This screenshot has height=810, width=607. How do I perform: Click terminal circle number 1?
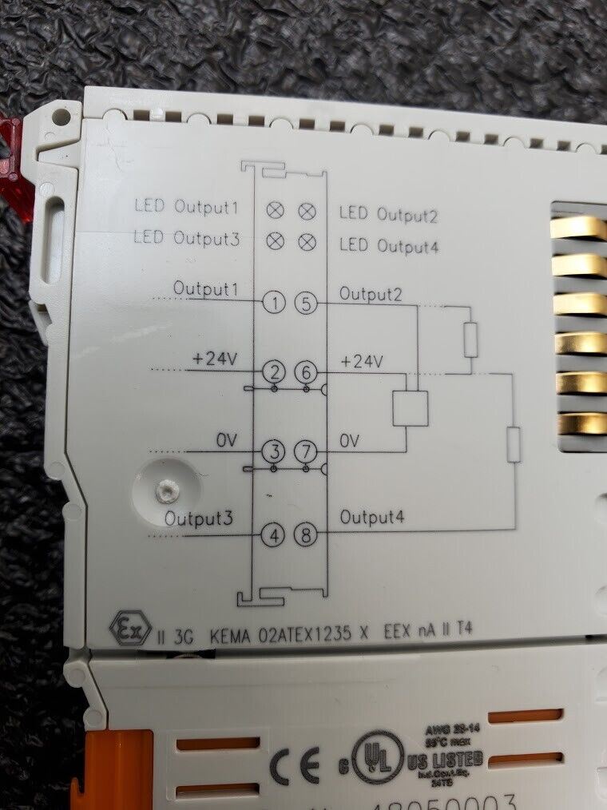tap(274, 303)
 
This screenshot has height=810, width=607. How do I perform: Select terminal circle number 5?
tap(307, 303)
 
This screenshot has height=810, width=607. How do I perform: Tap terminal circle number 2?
tap(274, 372)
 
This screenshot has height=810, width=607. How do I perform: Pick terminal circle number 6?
tap(307, 372)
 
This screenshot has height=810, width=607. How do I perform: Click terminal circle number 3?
tap(274, 452)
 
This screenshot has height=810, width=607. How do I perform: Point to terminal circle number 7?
tap(307, 452)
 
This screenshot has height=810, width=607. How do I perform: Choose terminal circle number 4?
tap(274, 535)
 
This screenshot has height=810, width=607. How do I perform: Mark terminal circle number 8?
tap(307, 535)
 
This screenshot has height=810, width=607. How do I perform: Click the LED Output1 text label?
tap(186, 207)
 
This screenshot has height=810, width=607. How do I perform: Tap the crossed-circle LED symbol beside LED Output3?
tap(274, 239)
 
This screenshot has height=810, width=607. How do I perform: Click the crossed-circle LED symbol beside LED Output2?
tap(307, 211)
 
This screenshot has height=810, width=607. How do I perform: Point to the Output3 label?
tap(199, 518)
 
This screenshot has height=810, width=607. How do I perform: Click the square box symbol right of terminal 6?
tap(410, 408)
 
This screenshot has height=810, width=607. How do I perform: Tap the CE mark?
tap(294, 765)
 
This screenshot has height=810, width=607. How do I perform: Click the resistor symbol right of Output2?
tap(470, 339)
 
